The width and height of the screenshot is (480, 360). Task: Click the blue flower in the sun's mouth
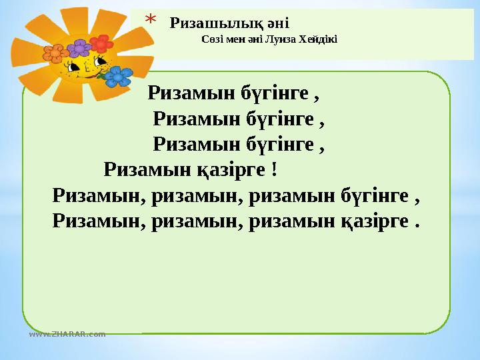[x=119, y=77]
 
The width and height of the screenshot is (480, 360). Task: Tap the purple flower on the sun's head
[x=80, y=47]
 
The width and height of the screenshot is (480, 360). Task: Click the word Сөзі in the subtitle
[x=211, y=39]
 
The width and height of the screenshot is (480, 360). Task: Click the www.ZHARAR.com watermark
[x=67, y=334]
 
